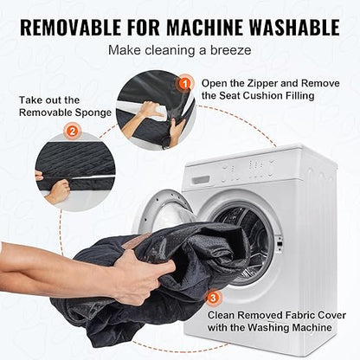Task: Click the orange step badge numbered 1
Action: point(185,84)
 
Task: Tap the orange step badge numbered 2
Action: point(72,132)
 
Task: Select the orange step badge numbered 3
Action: point(213,298)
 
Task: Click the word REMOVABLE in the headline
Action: point(70,27)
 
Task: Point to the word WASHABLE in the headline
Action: point(294,27)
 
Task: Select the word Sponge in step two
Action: point(93,112)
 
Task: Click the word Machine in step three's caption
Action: point(312,327)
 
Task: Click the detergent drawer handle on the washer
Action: point(201,180)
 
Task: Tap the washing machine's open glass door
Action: point(164,209)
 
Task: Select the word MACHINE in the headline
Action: point(205,27)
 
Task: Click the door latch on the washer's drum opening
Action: point(279,241)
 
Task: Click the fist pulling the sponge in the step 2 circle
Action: point(58,190)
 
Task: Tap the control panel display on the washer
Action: point(247,171)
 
